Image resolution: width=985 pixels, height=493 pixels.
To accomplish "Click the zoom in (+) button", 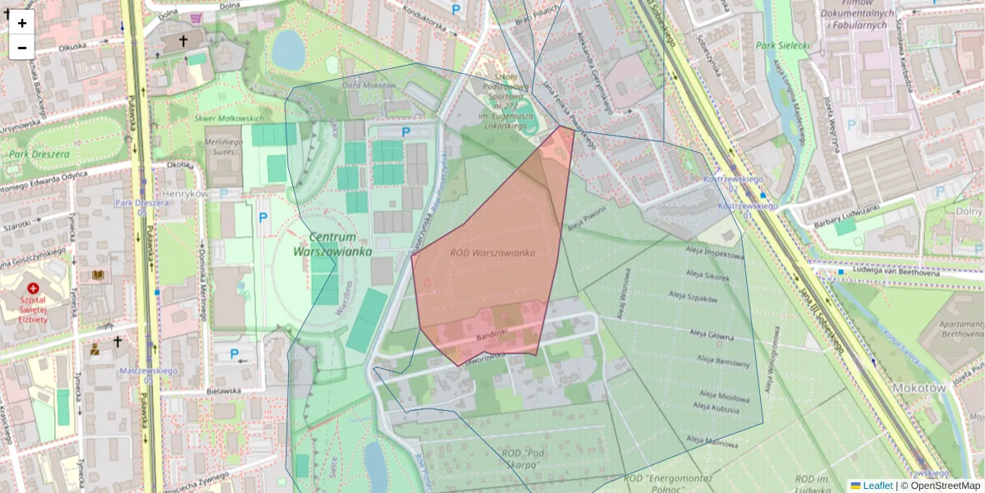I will click(22, 23).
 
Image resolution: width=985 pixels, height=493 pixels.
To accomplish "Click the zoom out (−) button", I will click(22, 48).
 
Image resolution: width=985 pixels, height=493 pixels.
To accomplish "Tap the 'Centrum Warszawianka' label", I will click(332, 244).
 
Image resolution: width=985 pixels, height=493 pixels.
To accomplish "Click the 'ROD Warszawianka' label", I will click(492, 253).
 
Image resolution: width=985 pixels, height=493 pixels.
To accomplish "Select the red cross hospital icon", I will click(34, 289).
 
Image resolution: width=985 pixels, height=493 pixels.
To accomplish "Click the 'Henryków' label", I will click(183, 193).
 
